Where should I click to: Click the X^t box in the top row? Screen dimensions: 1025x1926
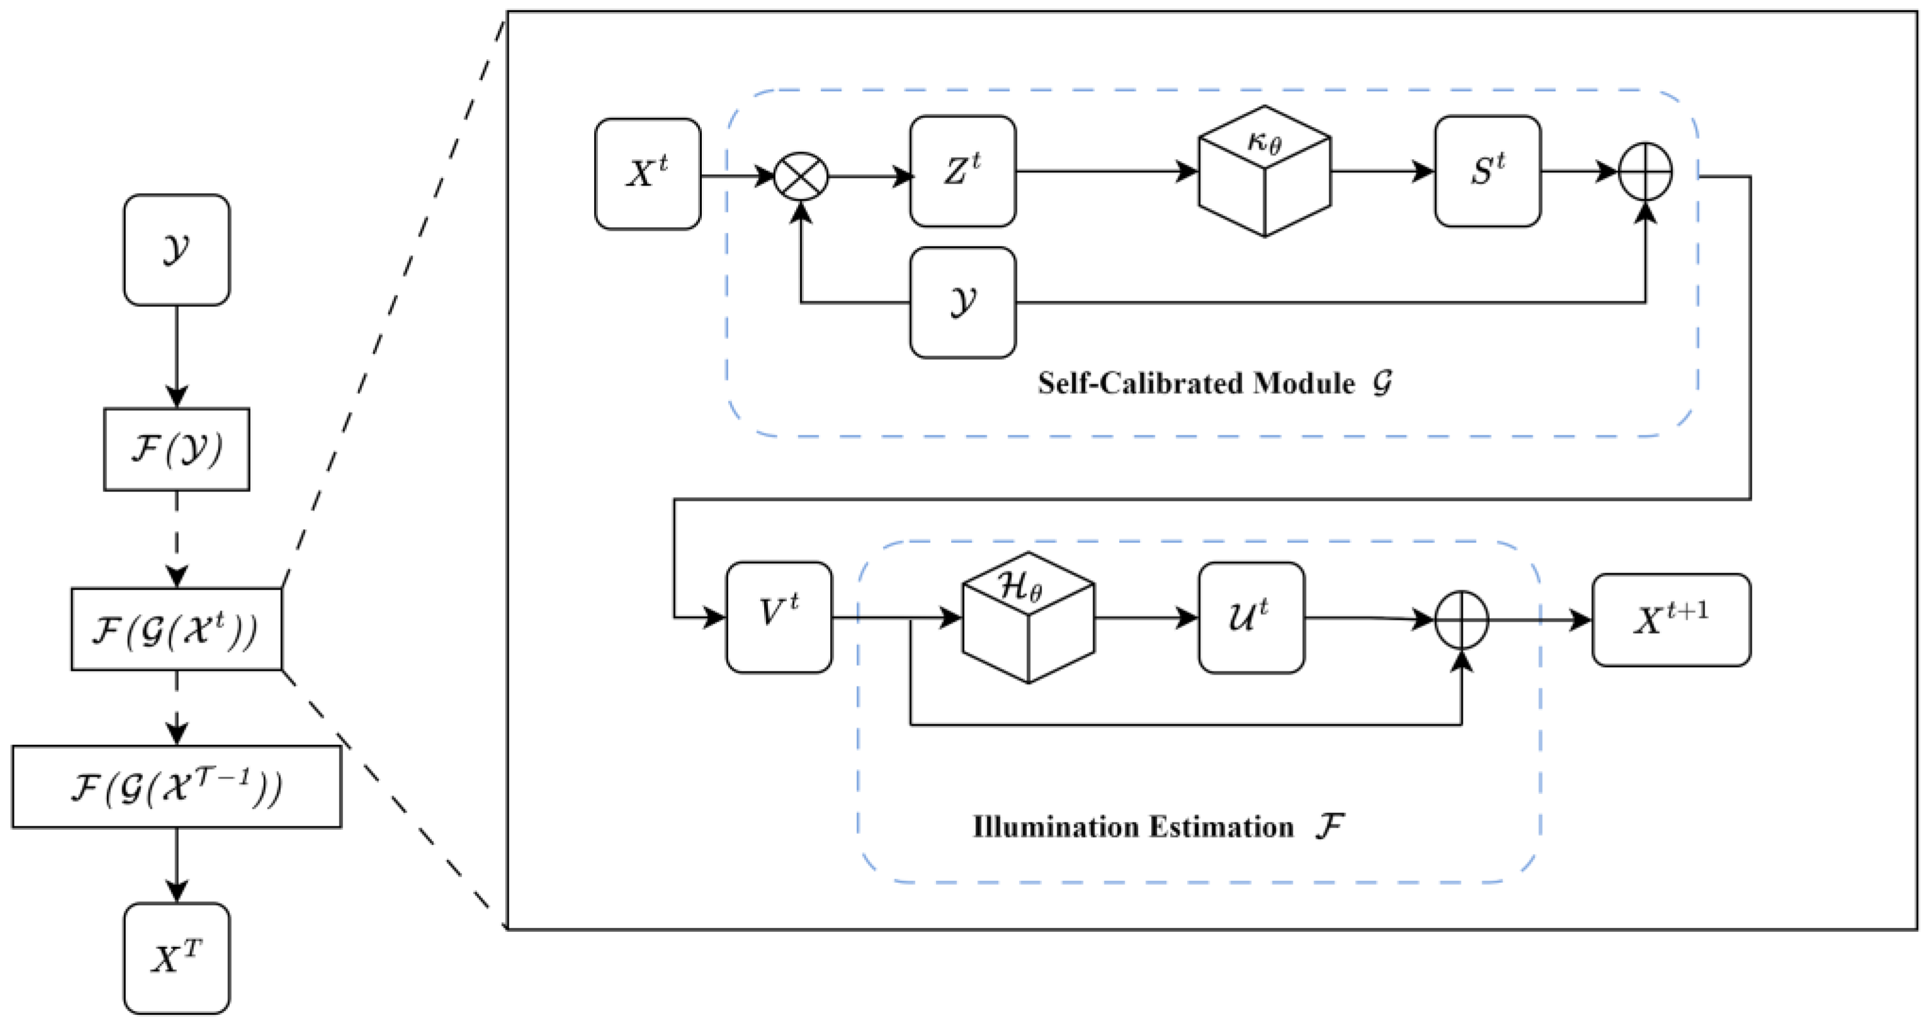click(648, 174)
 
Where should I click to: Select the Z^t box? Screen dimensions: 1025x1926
click(962, 171)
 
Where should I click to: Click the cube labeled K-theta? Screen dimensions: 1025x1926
click(1264, 172)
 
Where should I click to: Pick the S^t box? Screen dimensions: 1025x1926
click(1487, 171)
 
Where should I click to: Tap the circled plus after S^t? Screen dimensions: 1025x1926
click(1645, 172)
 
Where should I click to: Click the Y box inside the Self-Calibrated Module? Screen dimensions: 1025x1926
click(962, 303)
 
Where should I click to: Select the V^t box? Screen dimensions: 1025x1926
click(779, 617)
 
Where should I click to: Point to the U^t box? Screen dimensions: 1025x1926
click(1251, 617)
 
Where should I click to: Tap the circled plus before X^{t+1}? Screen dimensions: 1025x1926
click(1461, 620)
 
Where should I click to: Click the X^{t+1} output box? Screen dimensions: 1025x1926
click(1671, 620)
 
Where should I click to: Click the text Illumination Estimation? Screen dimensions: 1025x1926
click(1133, 827)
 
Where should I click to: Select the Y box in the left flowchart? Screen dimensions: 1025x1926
click(176, 250)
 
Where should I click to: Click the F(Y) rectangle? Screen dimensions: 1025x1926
click(176, 449)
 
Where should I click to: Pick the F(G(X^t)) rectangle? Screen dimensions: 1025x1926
click(176, 629)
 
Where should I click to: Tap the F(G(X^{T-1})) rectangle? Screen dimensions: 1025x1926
click(176, 787)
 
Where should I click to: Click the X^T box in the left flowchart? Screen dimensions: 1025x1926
click(176, 958)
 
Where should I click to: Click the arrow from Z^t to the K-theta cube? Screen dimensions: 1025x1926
click(1107, 171)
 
